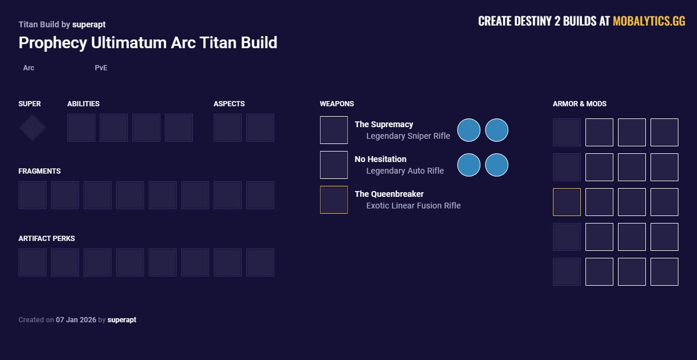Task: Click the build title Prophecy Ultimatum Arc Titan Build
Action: (148, 42)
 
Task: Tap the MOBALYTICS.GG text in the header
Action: (649, 21)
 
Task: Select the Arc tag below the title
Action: (28, 68)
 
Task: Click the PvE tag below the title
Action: (101, 68)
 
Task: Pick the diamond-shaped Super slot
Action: (33, 128)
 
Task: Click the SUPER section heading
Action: (30, 104)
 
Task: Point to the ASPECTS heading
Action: (229, 104)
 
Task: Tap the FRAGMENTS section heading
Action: (39, 171)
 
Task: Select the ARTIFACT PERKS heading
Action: (46, 239)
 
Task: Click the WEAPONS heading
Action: (336, 104)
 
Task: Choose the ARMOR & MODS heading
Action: (579, 104)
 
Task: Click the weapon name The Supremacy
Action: (384, 124)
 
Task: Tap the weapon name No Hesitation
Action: (380, 159)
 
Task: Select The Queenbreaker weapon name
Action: (389, 194)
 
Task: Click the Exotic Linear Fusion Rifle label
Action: (413, 206)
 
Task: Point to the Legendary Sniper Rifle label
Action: (408, 136)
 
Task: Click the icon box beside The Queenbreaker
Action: (334, 200)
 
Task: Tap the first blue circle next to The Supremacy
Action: (469, 130)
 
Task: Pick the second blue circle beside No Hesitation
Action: (497, 165)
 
